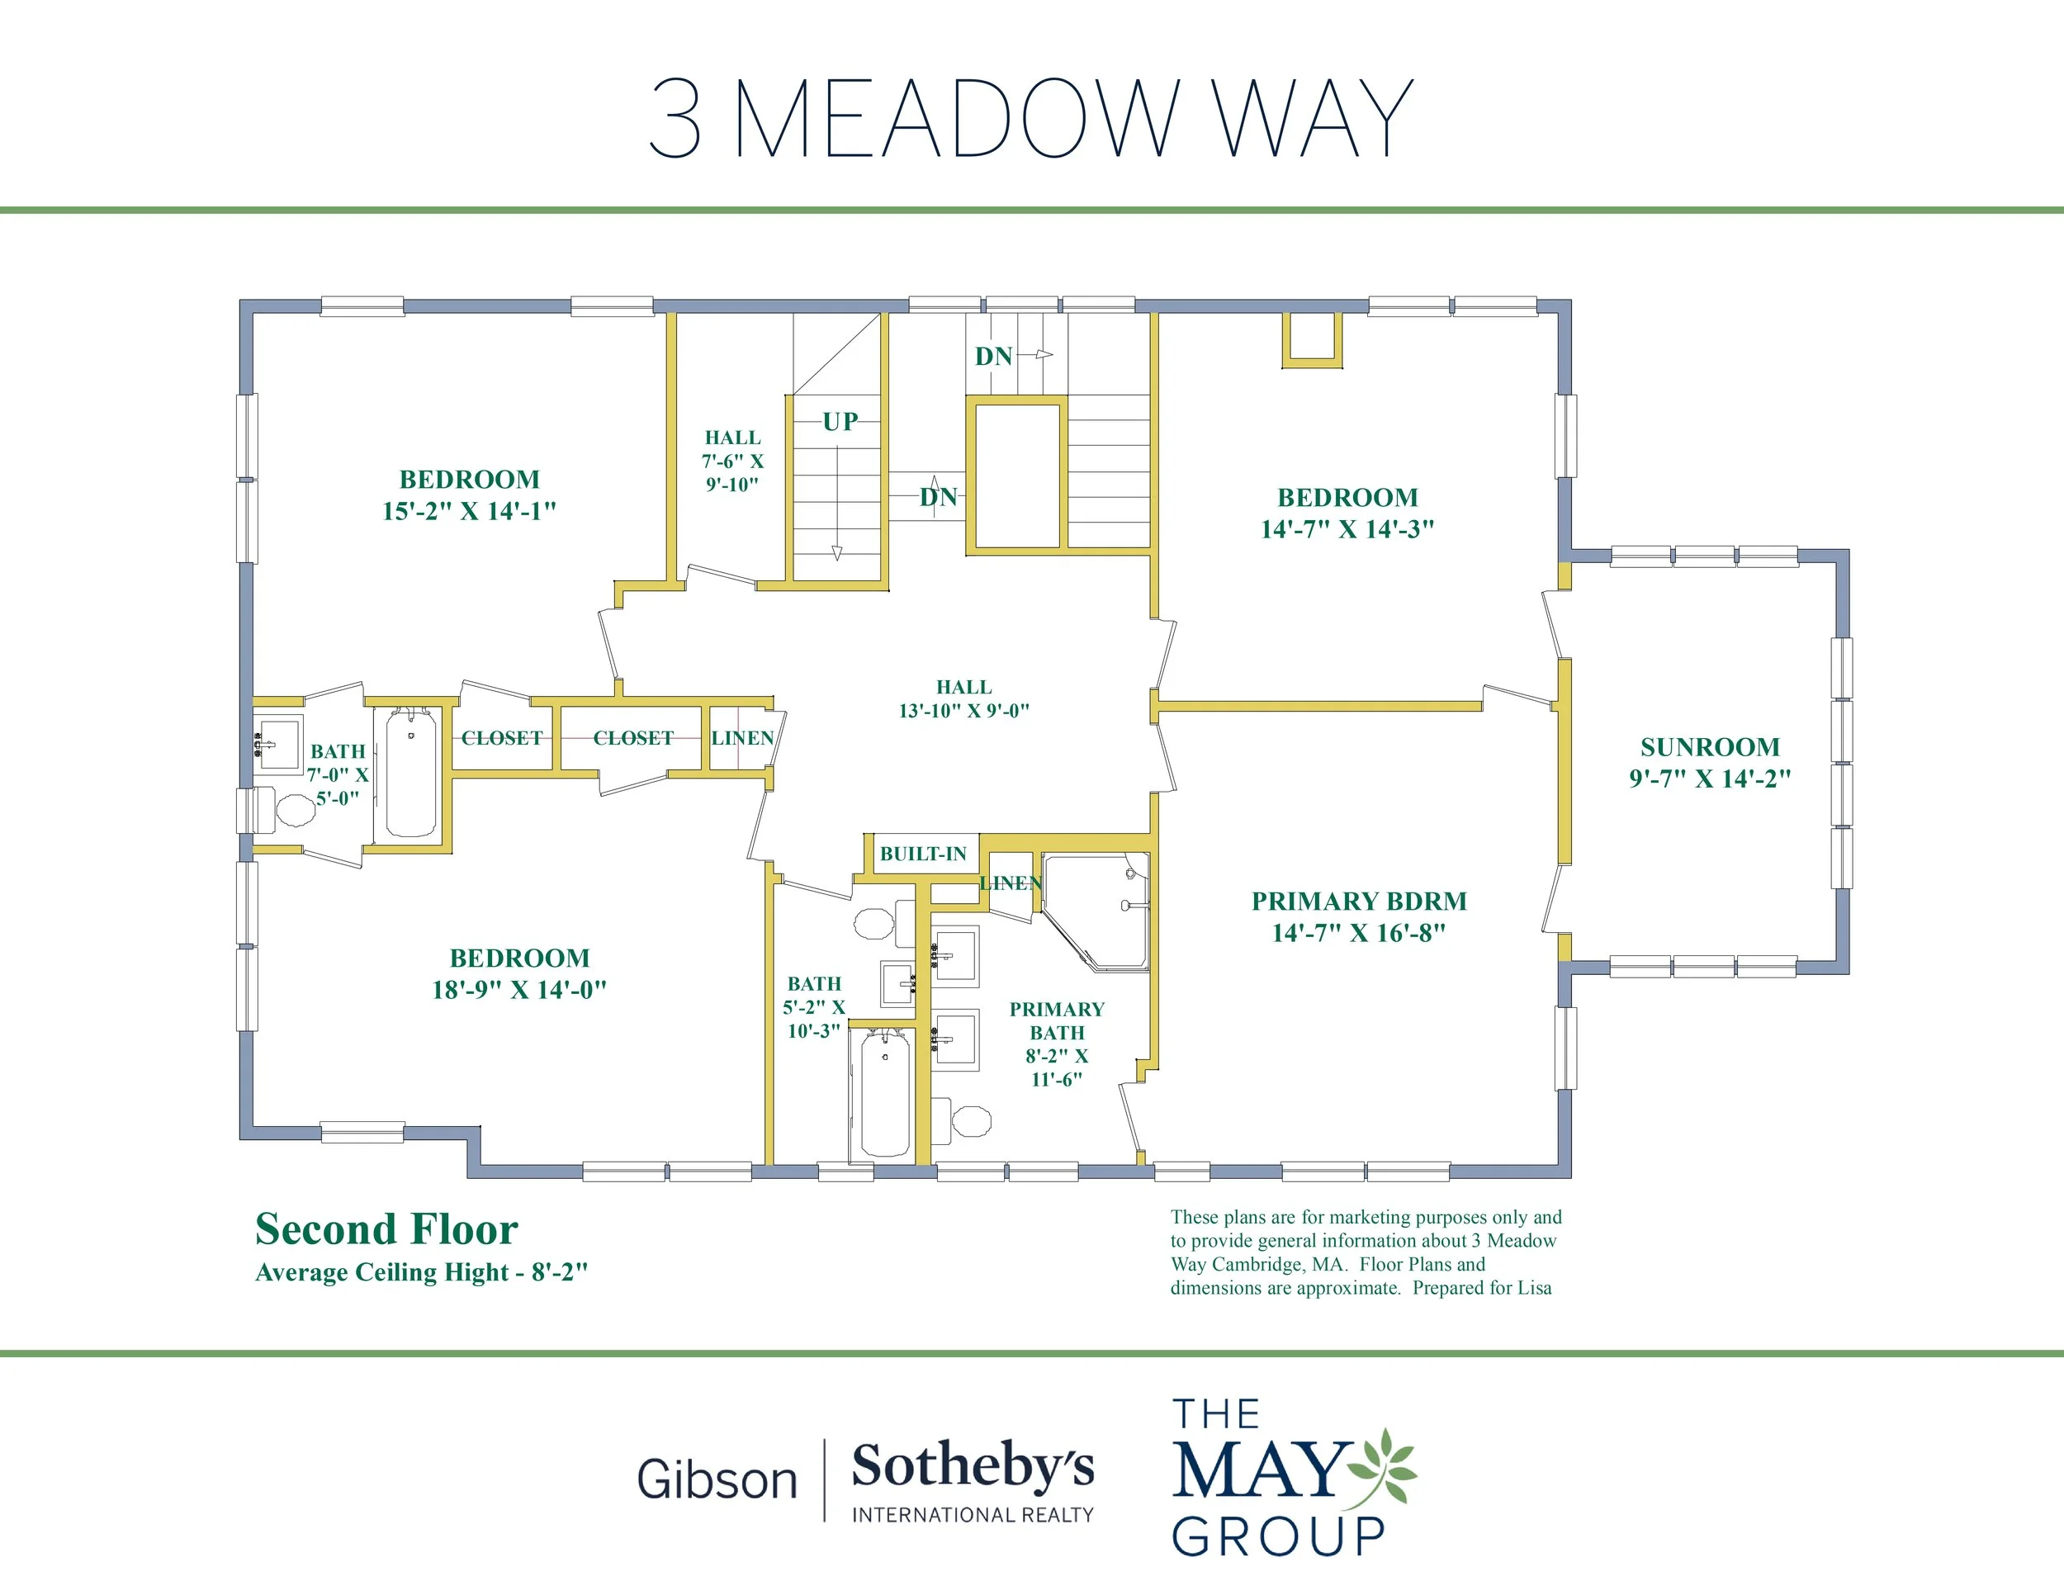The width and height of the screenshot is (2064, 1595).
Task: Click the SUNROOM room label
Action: pyautogui.click(x=1710, y=747)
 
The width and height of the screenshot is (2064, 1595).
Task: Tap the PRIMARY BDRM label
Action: pyautogui.click(x=1359, y=902)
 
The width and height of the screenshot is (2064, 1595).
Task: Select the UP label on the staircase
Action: pyautogui.click(x=840, y=421)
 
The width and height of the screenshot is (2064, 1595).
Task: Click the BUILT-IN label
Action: pyautogui.click(x=923, y=854)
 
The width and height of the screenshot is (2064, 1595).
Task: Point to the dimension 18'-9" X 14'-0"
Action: pyautogui.click(x=518, y=989)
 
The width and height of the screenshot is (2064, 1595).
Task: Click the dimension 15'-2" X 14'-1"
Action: pyautogui.click(x=469, y=511)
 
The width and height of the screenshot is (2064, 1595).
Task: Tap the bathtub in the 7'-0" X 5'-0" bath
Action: pyautogui.click(x=411, y=774)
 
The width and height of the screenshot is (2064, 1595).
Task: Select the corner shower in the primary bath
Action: pyautogui.click(x=1096, y=911)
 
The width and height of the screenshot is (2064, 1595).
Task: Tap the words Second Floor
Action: pyautogui.click(x=386, y=1229)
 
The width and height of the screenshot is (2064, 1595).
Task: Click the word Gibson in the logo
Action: pyautogui.click(x=717, y=1479)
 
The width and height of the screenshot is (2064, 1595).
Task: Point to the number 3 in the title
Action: pyautogui.click(x=675, y=118)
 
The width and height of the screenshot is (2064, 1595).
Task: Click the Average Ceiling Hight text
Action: pyautogui.click(x=422, y=1272)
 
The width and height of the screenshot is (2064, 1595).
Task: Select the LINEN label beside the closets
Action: pyautogui.click(x=743, y=738)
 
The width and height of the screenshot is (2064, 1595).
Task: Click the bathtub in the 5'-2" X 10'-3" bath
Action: pyautogui.click(x=884, y=1093)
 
